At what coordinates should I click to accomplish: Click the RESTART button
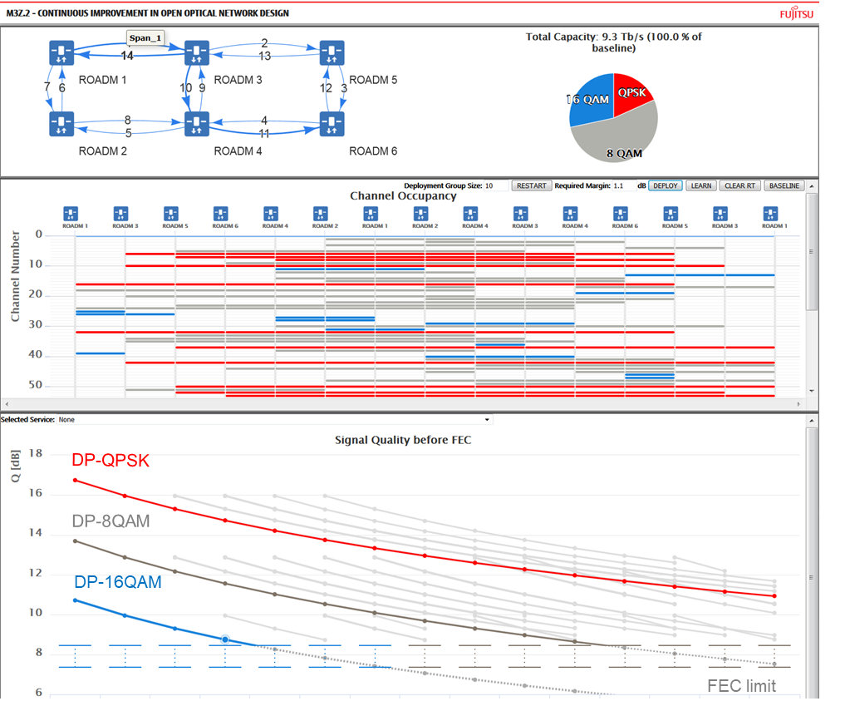[531, 185]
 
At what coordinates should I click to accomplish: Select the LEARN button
[701, 185]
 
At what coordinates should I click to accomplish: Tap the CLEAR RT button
[739, 185]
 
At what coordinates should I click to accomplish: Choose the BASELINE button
[784, 185]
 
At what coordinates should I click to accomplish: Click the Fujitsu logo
[798, 13]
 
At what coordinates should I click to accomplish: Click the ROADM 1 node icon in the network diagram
[61, 53]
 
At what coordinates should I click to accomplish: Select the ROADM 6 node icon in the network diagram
[332, 125]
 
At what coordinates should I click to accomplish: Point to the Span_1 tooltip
[145, 38]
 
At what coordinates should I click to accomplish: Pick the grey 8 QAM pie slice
[619, 133]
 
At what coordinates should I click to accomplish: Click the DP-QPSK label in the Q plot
[111, 460]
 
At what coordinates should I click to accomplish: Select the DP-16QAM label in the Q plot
[117, 583]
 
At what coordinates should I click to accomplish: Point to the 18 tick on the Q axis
[35, 453]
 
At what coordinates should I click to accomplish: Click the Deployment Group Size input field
[497, 185]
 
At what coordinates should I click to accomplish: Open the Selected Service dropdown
[274, 420]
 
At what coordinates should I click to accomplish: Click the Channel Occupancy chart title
[403, 196]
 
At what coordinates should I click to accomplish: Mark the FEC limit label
[741, 685]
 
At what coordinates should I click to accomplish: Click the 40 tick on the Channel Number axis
[37, 355]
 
